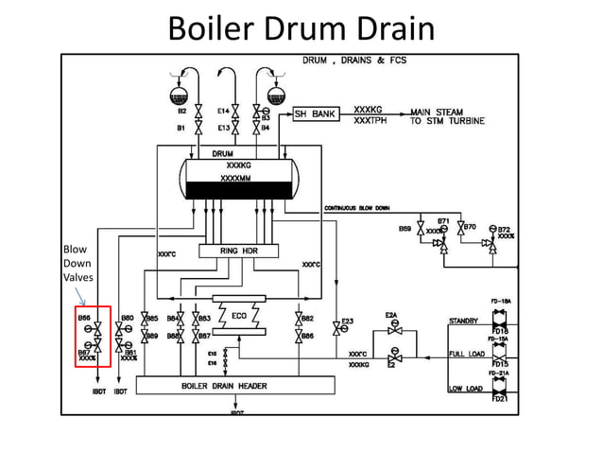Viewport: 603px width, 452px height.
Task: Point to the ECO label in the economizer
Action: pos(239,316)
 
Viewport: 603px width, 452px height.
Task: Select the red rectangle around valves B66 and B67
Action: pos(94,336)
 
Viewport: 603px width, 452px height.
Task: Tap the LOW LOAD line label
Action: pos(464,389)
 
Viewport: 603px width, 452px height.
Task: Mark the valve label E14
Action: pos(223,111)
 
